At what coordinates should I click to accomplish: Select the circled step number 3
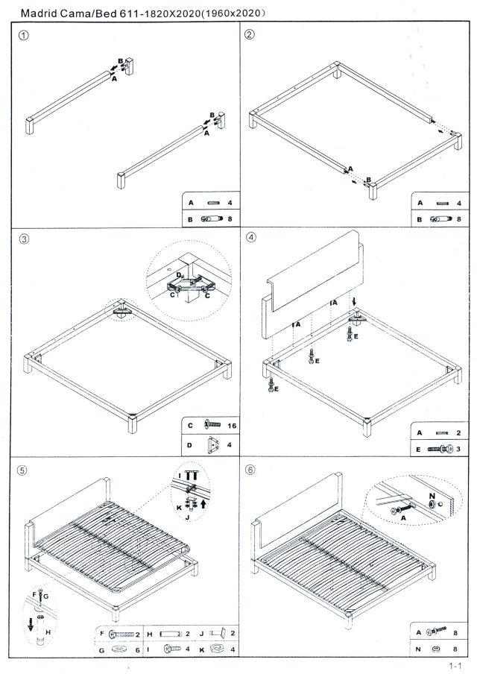pyautogui.click(x=24, y=239)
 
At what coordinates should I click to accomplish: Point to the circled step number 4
pyautogui.click(x=250, y=239)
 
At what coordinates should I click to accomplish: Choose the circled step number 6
pyautogui.click(x=250, y=471)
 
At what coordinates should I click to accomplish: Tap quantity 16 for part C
pyautogui.click(x=233, y=425)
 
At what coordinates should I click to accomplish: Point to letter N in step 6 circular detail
pyautogui.click(x=430, y=493)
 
